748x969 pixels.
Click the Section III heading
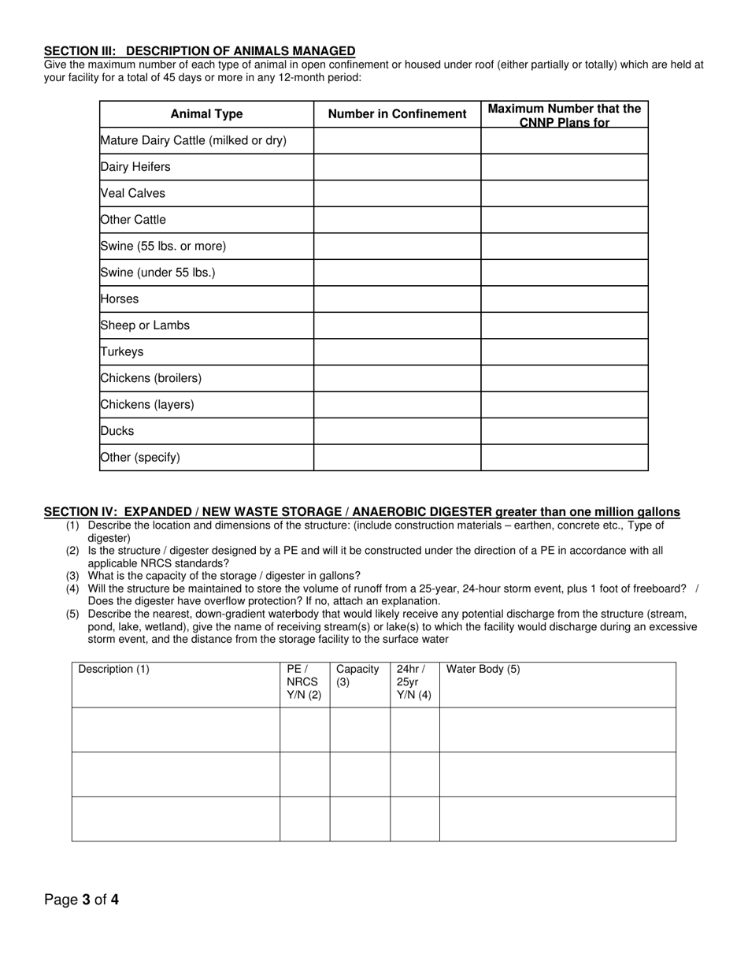click(x=199, y=50)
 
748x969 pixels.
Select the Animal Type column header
click(x=206, y=114)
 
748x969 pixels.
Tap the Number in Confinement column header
click(x=397, y=114)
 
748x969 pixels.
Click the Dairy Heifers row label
click(x=135, y=167)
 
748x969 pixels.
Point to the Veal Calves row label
click(x=133, y=193)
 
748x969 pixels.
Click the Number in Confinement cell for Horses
click(x=397, y=299)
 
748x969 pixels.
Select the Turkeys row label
click(x=122, y=352)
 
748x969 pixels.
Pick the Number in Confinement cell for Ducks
click(x=397, y=431)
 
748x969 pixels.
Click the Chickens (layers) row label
click(x=147, y=405)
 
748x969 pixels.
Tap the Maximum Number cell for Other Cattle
click(x=564, y=220)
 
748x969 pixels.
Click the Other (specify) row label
click(x=140, y=458)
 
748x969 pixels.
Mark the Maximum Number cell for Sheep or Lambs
click(x=564, y=325)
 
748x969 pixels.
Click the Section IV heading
click(x=361, y=512)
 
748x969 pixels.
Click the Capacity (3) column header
click(x=357, y=675)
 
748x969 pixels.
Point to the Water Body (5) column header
click(x=483, y=670)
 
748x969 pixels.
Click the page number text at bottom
click(x=81, y=900)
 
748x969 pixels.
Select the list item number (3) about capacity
click(x=72, y=577)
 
